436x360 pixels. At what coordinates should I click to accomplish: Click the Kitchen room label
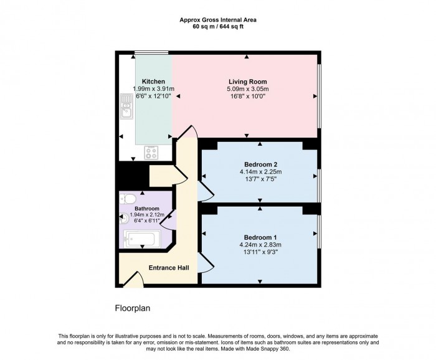coord(153,82)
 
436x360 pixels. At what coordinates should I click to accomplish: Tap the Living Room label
coord(247,82)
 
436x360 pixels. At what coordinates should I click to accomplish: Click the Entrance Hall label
coord(168,268)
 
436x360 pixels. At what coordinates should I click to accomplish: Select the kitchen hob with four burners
coord(151,152)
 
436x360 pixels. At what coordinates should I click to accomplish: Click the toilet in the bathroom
coord(129,198)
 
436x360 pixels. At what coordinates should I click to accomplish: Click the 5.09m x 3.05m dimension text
coord(247,89)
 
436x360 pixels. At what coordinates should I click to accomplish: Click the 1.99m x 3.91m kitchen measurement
coord(153,89)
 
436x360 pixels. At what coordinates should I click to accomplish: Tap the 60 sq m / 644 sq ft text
coord(217,26)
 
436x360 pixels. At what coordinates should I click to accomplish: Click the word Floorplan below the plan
coord(133,308)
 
